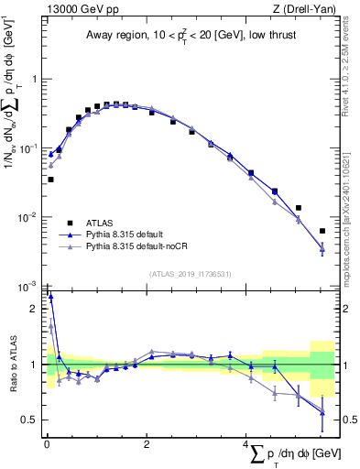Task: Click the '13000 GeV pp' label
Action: tap(77, 9)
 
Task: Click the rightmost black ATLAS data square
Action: tap(322, 231)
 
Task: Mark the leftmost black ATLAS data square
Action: tap(50, 180)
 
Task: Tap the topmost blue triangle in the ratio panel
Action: tap(50, 297)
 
